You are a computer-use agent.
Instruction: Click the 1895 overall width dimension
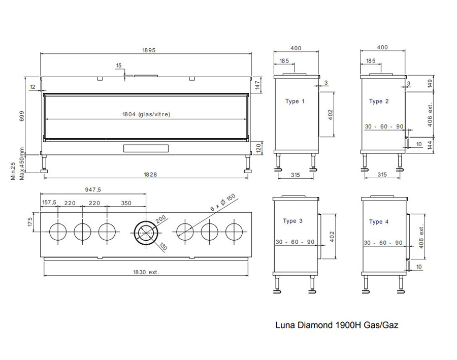pos(149,50)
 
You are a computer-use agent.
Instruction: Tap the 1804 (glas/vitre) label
pos(146,114)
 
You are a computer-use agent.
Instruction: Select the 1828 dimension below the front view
pos(150,174)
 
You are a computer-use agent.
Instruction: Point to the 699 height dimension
pos(22,116)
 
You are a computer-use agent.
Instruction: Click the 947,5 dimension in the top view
pos(93,189)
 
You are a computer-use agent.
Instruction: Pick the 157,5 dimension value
pos(49,202)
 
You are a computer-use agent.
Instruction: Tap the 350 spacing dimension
pos(126,203)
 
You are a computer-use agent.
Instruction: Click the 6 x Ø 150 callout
pos(223,202)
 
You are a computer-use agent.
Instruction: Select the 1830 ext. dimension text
pos(146,272)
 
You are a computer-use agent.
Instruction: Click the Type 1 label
pos(295,101)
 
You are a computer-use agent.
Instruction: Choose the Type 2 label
pos(379,101)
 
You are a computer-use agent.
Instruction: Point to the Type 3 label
pos(293,221)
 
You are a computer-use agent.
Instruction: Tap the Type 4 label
pos(379,222)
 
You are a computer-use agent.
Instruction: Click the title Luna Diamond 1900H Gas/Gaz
pos(337,325)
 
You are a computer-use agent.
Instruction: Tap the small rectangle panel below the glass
pos(146,148)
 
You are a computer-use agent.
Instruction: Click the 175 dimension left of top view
pos(30,222)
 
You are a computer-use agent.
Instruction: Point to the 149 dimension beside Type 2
pos(430,84)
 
